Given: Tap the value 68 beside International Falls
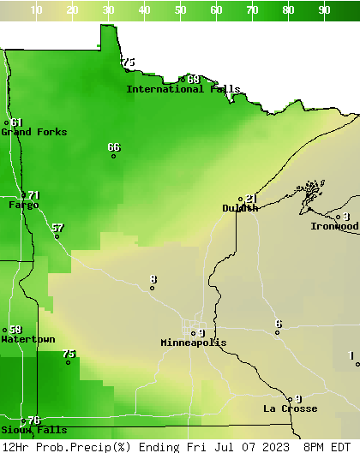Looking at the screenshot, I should click(194, 80).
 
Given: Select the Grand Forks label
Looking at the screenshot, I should click(33, 132).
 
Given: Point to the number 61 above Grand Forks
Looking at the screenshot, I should click(17, 122).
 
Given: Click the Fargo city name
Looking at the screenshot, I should click(23, 205).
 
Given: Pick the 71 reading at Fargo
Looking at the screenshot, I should click(33, 195).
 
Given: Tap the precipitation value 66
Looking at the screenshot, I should click(114, 147).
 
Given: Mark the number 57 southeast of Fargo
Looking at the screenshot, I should click(57, 228).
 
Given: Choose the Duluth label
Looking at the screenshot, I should click(240, 208).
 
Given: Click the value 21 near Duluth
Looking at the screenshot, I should click(251, 199).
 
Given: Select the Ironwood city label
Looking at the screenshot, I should click(334, 226).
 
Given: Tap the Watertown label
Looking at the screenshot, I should click(27, 339).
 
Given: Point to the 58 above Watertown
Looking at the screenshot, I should click(15, 330).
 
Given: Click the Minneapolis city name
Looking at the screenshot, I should click(194, 343).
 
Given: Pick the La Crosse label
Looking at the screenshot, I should click(290, 408).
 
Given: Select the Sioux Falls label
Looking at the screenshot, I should click(33, 430).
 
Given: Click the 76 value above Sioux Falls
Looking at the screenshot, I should click(34, 420).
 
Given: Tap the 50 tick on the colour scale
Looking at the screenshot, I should click(181, 10).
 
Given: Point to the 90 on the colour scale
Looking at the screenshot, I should click(325, 10).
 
